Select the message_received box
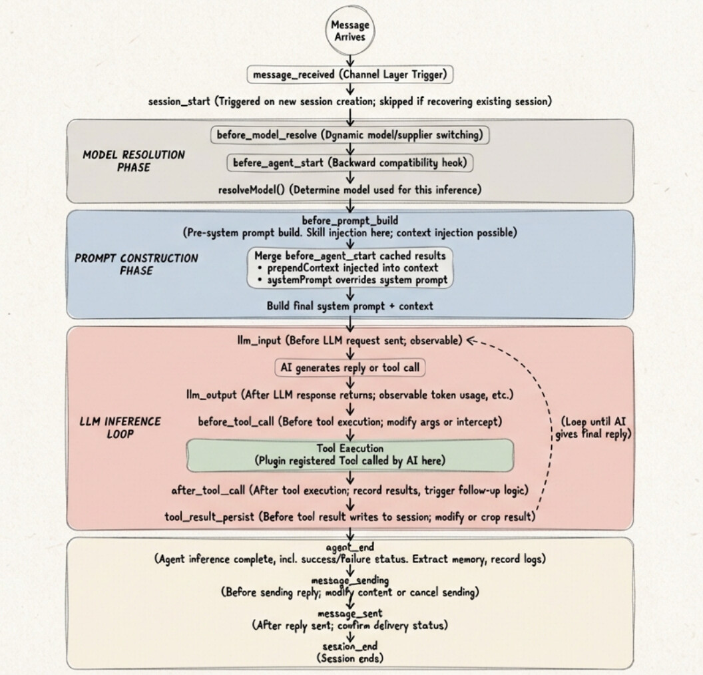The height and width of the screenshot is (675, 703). tap(350, 75)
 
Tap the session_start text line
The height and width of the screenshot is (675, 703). tap(350, 101)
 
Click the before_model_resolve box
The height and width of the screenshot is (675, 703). tap(351, 135)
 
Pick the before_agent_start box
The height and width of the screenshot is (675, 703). tap(351, 162)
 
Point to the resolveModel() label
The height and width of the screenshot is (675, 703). tap(350, 190)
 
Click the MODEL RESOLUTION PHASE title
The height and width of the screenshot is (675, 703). tap(134, 161)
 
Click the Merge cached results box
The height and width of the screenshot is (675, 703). tap(350, 269)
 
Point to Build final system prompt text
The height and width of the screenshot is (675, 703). tap(350, 306)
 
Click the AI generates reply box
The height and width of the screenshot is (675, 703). tap(350, 367)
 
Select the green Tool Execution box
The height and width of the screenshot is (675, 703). tap(350, 455)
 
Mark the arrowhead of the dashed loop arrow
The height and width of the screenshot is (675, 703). tap(469, 341)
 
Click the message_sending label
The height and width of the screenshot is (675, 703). tap(350, 581)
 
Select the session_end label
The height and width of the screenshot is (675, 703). tap(350, 648)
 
